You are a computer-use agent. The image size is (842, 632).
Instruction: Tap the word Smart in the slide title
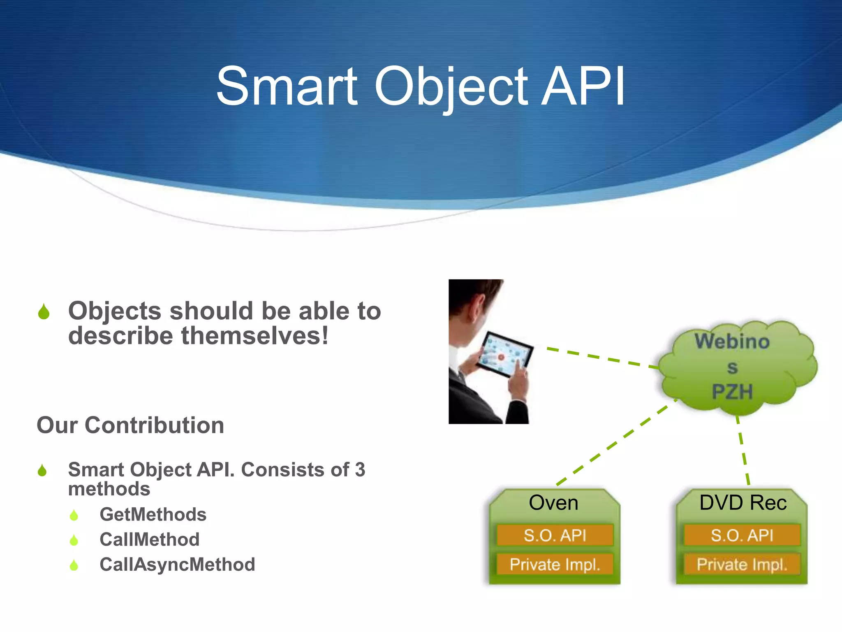coord(287,87)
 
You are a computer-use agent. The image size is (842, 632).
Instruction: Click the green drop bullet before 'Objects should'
coord(44,312)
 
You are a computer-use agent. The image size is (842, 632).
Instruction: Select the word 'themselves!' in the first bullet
coord(255,336)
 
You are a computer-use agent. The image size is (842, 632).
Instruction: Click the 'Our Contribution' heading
coord(130,425)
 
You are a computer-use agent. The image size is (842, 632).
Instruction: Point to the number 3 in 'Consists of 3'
coord(360,469)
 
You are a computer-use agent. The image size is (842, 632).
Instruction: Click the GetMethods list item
coord(153,514)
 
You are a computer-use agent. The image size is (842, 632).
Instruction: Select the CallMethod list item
coord(150,539)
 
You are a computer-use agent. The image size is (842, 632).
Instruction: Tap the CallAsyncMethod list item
coord(177,565)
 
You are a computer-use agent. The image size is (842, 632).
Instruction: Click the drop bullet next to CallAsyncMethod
coord(74,565)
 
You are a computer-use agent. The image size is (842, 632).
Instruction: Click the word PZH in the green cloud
coord(732,391)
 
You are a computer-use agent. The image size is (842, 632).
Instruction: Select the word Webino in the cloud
coord(732,342)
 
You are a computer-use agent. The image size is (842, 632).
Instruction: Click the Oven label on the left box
coord(553,503)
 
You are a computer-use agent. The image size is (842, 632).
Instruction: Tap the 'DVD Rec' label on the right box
coord(743,503)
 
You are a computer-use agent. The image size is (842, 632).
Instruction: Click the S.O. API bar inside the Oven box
coord(555,535)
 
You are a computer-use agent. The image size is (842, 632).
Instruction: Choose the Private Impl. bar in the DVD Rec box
coord(742,565)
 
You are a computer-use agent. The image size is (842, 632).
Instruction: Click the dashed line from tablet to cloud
coord(600,358)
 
